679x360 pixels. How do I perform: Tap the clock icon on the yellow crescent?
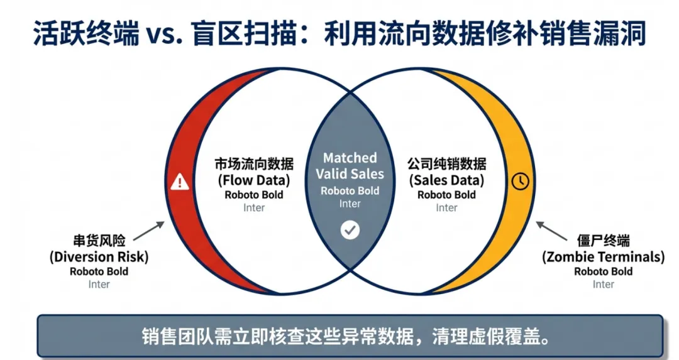(521, 181)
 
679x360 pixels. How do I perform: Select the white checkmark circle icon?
(350, 230)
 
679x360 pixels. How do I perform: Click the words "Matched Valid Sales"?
(350, 166)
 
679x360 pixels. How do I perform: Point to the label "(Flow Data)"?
(254, 180)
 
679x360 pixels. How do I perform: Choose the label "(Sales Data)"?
(447, 180)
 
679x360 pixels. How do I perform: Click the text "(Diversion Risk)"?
(99, 256)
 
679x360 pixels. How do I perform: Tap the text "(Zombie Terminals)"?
(603, 256)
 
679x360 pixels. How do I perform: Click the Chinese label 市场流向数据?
(254, 164)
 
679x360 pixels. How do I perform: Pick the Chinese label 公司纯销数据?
(447, 164)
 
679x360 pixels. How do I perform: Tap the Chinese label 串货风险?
(99, 241)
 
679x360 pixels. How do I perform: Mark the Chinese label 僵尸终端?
(603, 241)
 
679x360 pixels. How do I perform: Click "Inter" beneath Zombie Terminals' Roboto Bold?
(603, 285)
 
